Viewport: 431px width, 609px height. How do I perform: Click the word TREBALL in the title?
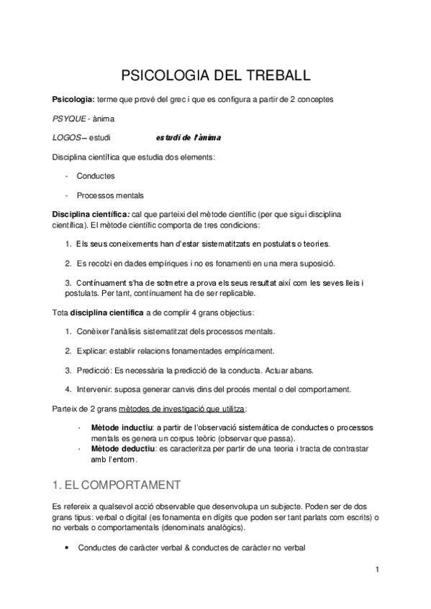pos(273,75)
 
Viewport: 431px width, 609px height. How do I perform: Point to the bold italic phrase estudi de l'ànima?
pos(189,137)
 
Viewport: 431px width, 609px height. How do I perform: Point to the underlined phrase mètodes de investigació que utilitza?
pos(189,409)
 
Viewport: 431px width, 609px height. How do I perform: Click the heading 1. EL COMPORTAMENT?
pos(117,485)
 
